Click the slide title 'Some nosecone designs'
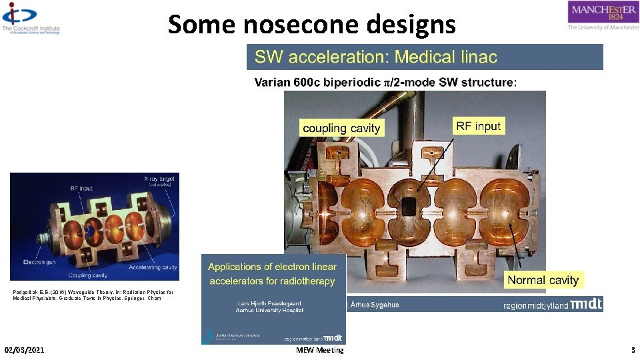(312, 25)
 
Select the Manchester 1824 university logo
(602, 15)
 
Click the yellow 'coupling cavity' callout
(341, 128)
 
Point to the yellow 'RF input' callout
(478, 126)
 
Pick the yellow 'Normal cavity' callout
(543, 280)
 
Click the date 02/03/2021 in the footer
(24, 350)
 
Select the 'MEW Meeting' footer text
(320, 350)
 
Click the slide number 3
(633, 350)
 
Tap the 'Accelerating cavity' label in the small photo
(154, 267)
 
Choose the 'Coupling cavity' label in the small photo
(88, 275)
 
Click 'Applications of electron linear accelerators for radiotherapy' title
(272, 274)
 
